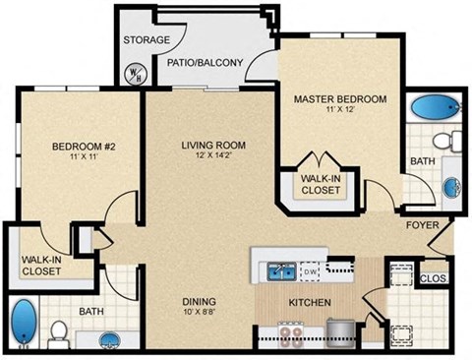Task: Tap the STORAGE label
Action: point(147,40)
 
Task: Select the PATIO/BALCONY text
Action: point(206,62)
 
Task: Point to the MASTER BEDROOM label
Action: point(340,100)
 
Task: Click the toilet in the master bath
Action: point(442,139)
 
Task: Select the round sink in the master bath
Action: point(450,186)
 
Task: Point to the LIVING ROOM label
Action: point(213,146)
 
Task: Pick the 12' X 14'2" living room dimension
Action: point(213,157)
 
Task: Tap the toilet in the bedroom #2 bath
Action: point(58,331)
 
